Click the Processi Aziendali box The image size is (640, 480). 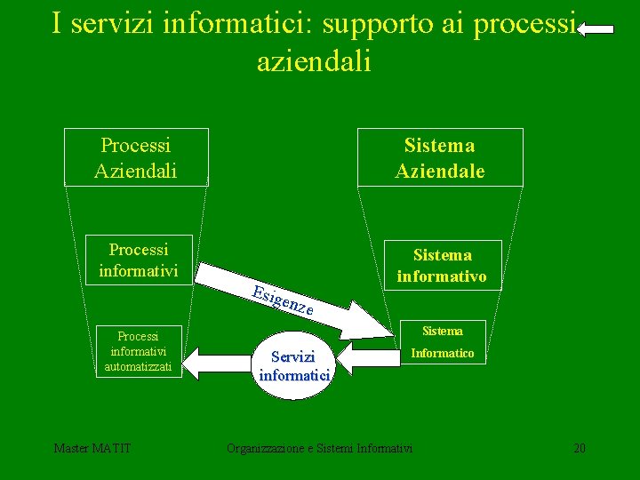[136, 157]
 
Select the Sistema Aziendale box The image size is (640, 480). [440, 157]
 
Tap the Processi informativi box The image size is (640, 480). [138, 260]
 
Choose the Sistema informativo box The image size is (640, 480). [441, 265]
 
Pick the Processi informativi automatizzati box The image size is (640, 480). [138, 351]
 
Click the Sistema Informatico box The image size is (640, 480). [442, 342]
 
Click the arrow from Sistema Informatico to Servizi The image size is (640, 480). [366, 357]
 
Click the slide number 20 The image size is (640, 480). [580, 448]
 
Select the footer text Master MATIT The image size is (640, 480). [92, 448]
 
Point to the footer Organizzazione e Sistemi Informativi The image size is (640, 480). [320, 448]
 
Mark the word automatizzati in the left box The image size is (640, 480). [138, 366]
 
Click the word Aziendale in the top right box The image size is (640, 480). [440, 171]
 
